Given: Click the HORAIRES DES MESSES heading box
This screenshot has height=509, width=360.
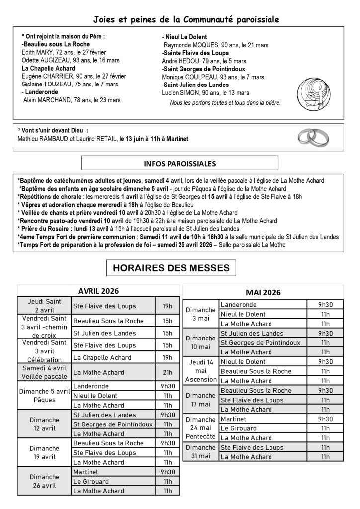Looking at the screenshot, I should [171, 268].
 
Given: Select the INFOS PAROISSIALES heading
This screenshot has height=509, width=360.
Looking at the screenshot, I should [180, 163].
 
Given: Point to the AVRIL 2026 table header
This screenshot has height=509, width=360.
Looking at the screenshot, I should [98, 291].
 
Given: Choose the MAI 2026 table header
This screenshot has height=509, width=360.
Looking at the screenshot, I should [263, 292].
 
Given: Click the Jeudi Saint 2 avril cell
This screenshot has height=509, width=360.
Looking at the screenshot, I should [44, 306].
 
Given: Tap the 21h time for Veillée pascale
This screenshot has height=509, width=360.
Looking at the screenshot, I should [168, 372].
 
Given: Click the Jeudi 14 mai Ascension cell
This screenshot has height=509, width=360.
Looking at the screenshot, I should [201, 371].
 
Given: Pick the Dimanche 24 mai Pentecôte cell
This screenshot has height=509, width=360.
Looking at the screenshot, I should [201, 428].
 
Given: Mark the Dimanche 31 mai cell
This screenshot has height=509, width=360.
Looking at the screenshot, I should [201, 452].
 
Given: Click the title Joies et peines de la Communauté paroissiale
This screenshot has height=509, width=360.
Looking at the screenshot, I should [186, 20].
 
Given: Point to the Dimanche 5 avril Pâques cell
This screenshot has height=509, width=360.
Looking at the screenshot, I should [44, 396].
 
